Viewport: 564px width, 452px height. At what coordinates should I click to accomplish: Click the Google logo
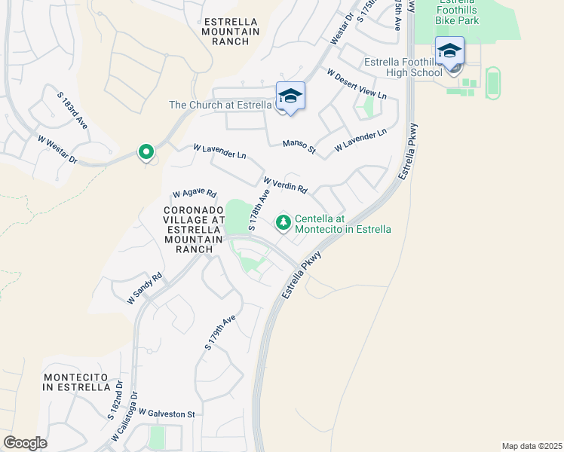(x=25, y=442)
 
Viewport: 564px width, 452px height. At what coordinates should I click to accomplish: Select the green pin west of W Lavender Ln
(x=146, y=152)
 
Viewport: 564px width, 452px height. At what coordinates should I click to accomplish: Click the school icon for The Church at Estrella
(x=290, y=97)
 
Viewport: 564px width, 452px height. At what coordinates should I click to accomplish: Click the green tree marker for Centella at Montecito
(x=284, y=222)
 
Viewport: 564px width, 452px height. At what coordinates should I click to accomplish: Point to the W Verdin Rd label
(x=285, y=185)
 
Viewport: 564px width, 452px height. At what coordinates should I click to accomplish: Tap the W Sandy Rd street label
(x=145, y=289)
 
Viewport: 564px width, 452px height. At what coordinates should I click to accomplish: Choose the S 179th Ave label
(x=220, y=332)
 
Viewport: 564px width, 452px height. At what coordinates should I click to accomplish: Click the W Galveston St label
(x=167, y=414)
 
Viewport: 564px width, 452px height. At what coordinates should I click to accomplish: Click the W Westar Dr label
(x=57, y=149)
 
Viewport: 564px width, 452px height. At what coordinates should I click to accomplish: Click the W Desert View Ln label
(x=356, y=84)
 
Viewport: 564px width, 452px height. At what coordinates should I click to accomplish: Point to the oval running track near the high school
(x=493, y=82)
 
